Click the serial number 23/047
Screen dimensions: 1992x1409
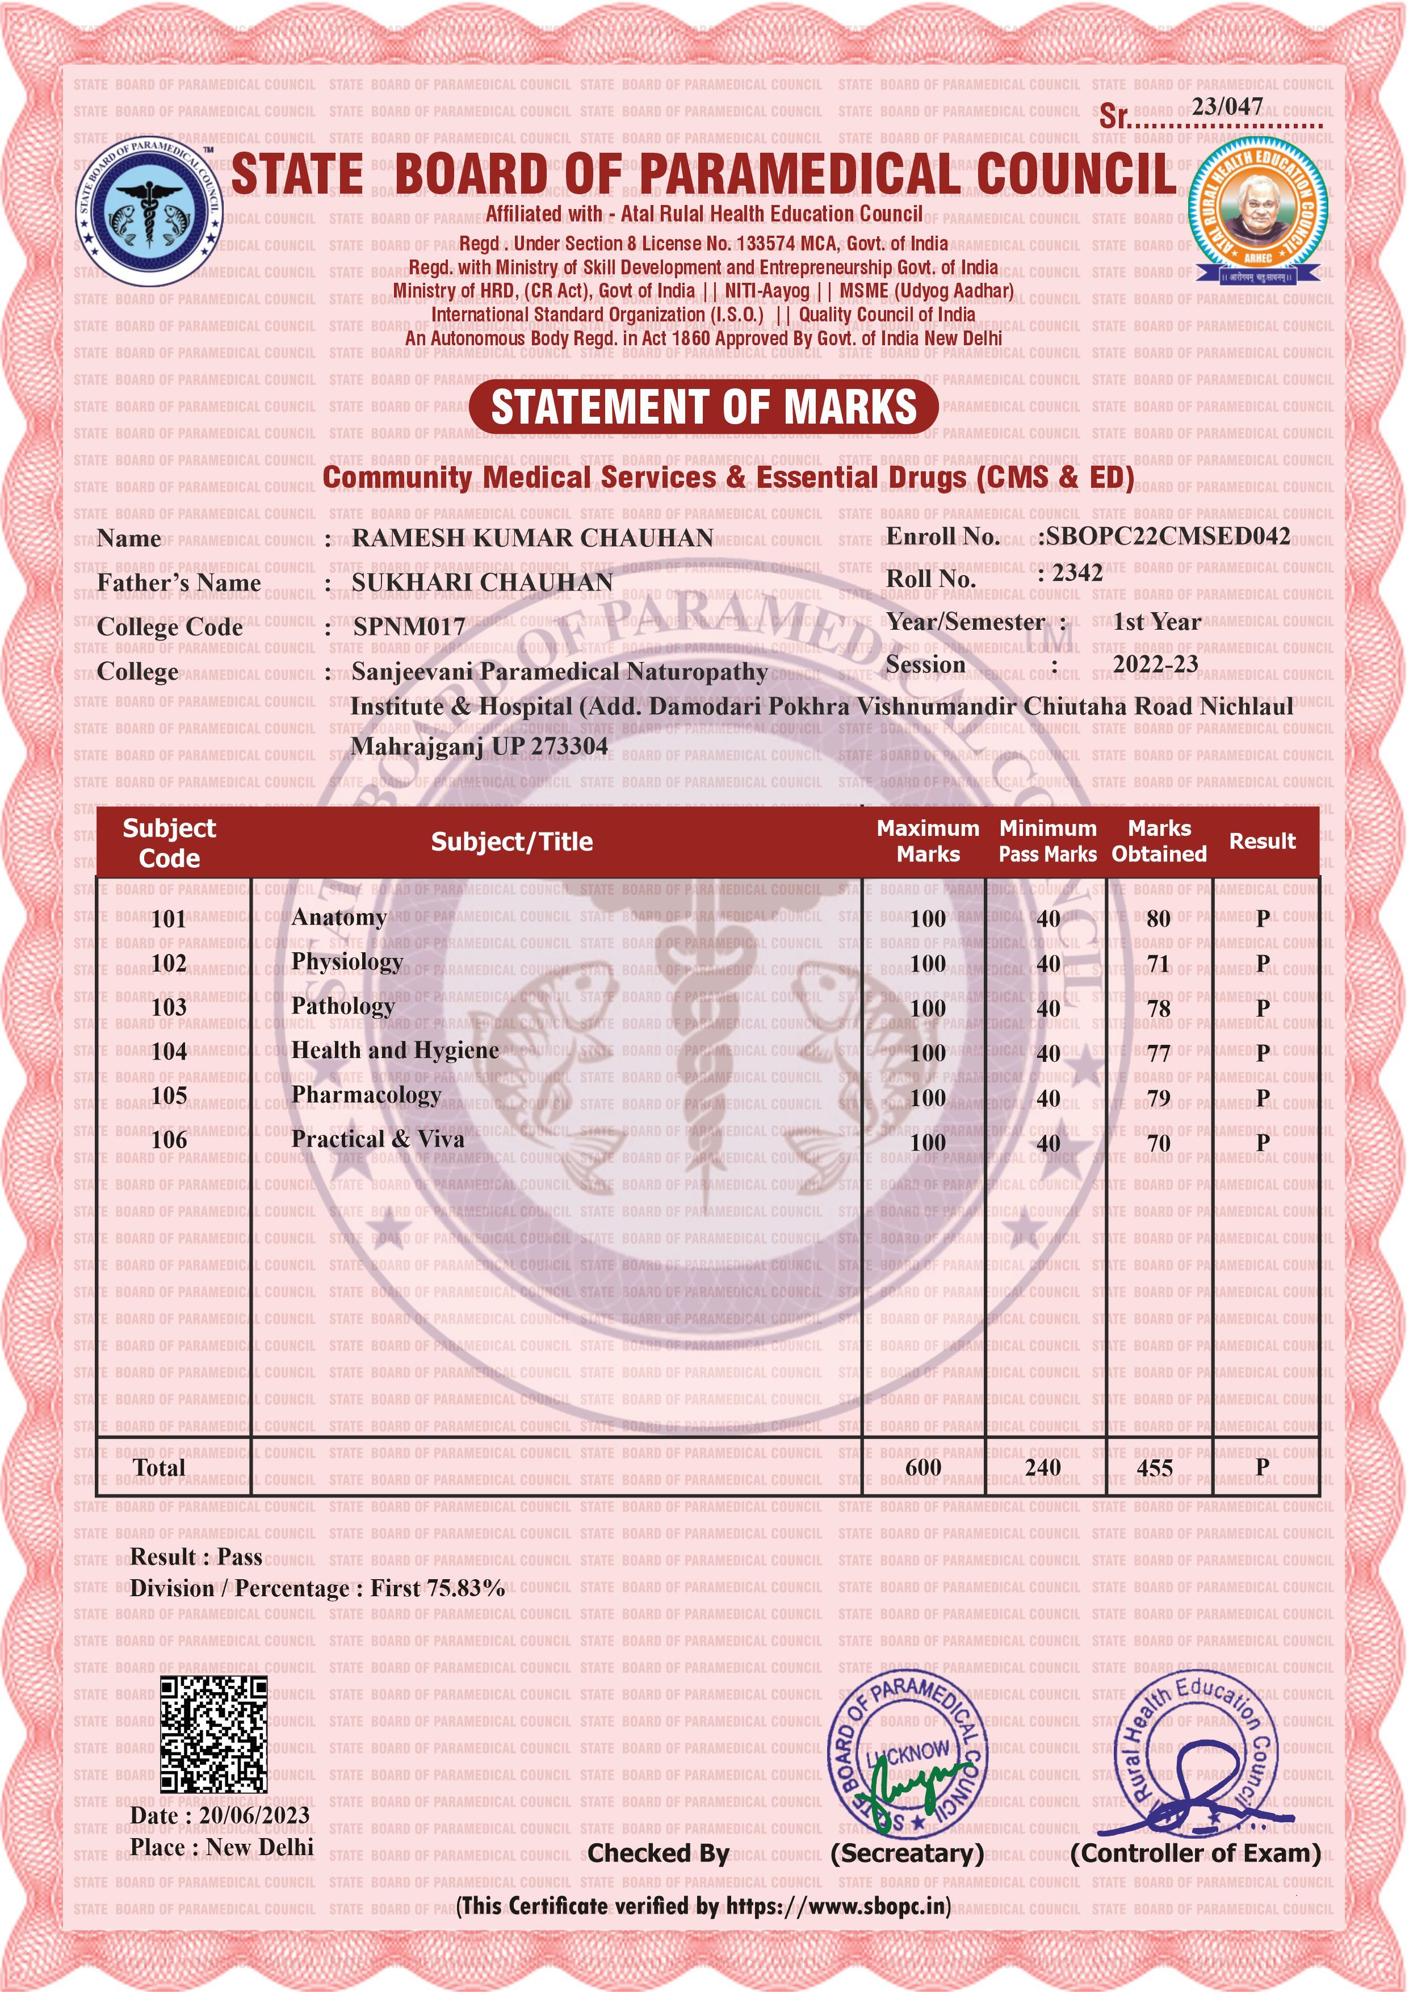point(1227,107)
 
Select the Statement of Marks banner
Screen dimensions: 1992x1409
point(703,407)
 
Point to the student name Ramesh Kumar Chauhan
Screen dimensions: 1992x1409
point(532,539)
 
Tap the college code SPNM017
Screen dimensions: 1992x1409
point(409,627)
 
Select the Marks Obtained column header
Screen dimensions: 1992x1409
point(1159,841)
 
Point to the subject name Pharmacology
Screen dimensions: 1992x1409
point(366,1095)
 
